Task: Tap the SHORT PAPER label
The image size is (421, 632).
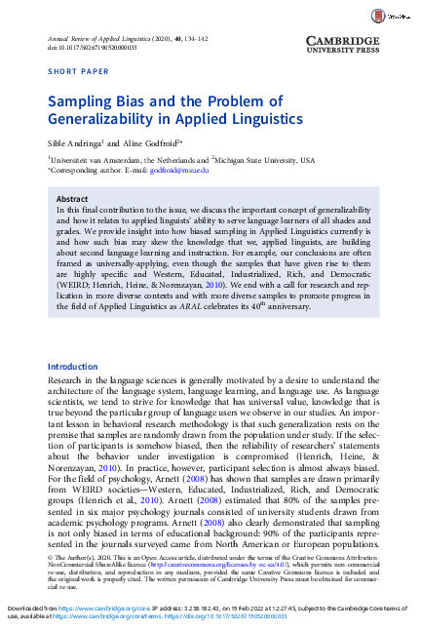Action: pyautogui.click(x=76, y=71)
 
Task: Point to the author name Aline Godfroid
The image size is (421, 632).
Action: pyautogui.click(x=152, y=142)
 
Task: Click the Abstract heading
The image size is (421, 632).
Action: pyautogui.click(x=74, y=197)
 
